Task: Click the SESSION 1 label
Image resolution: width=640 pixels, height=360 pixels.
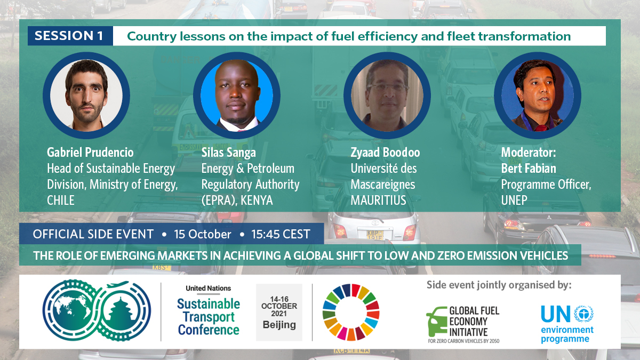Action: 69,36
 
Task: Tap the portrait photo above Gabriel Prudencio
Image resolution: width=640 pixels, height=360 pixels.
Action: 86,95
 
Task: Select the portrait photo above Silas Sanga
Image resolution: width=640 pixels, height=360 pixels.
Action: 237,95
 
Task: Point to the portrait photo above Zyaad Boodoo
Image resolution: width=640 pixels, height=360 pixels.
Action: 387,95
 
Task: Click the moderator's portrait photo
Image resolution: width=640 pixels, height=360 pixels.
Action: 538,95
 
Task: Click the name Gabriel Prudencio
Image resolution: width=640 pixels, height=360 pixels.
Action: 90,153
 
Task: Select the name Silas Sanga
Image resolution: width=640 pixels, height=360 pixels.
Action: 229,153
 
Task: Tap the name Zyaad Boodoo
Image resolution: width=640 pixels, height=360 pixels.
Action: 385,153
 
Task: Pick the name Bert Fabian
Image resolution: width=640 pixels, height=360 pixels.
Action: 529,169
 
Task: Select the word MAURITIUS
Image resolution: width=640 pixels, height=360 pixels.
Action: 378,201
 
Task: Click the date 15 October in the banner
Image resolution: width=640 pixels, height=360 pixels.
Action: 203,234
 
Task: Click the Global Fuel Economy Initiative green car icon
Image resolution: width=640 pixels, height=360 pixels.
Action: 437,322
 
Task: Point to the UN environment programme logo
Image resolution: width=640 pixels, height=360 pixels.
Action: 567,323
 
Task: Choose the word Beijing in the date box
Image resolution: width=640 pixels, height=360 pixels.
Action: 279,325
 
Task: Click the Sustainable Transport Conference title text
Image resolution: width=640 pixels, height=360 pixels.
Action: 209,317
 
